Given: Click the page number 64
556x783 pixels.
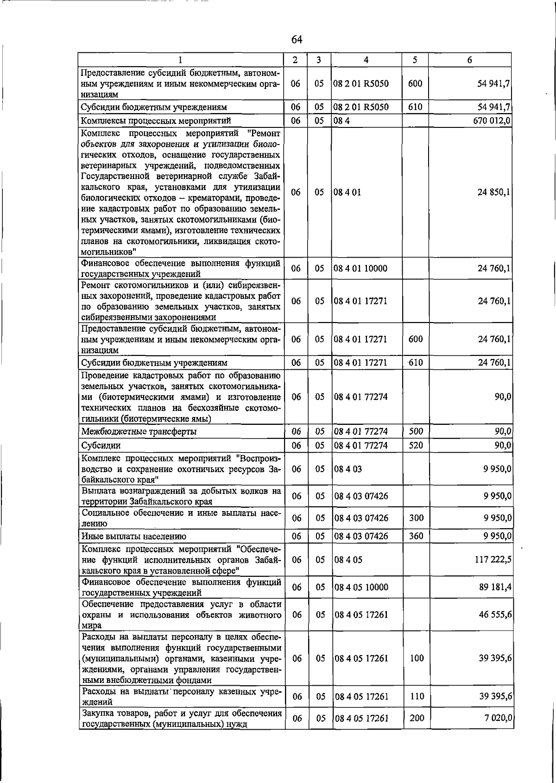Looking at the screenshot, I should tap(297, 40).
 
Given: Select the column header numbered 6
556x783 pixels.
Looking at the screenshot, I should tap(469, 60).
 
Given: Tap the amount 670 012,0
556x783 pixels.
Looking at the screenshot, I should tap(492, 121).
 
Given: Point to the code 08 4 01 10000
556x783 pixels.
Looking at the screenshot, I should tap(360, 268).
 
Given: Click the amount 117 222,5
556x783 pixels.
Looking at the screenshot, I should tap(493, 560).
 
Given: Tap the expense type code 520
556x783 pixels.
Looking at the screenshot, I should tap(416, 445).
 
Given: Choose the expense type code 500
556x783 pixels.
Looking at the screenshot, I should tap(416, 431).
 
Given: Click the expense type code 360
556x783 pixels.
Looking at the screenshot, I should tap(416, 536).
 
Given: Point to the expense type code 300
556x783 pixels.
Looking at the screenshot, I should tap(416, 518).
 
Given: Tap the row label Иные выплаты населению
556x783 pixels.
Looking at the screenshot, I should tap(134, 537).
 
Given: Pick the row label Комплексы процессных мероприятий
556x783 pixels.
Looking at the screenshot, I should tap(156, 121).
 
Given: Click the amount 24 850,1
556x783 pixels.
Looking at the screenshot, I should tap(494, 192).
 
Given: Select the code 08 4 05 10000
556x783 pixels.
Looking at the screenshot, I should tap(361, 587).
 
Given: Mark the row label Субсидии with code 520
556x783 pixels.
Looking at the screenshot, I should tap(101, 446).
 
